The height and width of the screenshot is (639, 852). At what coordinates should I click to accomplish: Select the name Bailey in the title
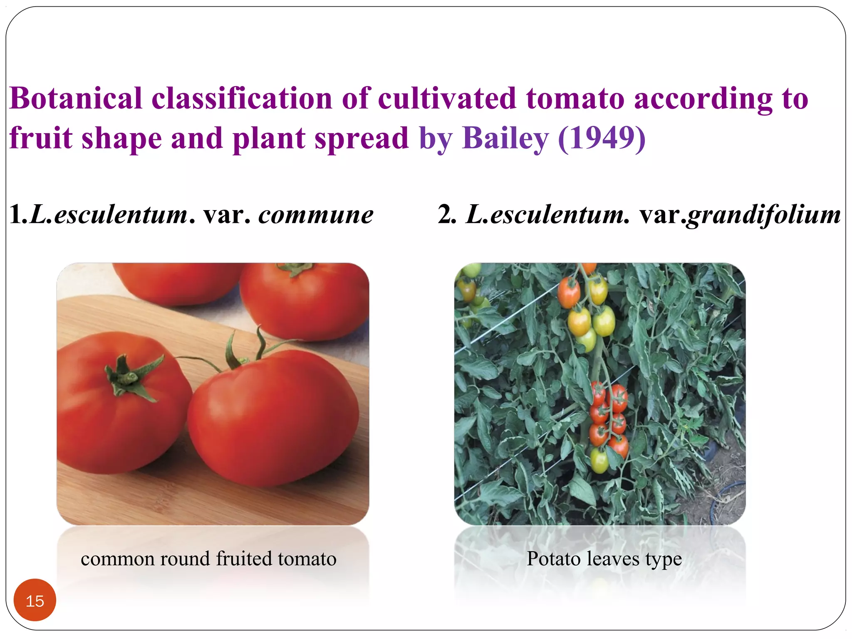(505, 139)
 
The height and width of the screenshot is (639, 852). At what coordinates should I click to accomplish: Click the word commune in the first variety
(316, 215)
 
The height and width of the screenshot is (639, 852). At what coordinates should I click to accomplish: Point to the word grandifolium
(763, 215)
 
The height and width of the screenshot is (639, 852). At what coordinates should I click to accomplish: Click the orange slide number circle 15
(35, 600)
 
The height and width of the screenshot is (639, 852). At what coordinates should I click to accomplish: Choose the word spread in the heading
(362, 139)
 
